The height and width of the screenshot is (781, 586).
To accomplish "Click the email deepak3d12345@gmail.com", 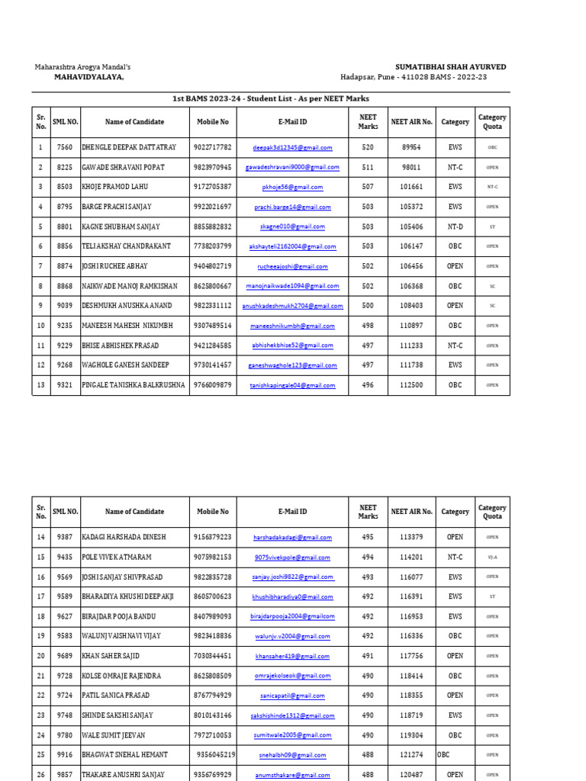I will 292,147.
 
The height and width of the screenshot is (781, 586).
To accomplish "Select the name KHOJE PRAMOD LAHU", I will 115,187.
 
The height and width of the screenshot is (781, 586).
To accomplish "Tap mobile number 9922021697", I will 213,207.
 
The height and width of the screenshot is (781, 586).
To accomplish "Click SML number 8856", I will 65,246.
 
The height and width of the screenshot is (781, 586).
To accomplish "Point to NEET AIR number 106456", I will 411,266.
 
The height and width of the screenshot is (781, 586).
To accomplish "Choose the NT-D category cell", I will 455,227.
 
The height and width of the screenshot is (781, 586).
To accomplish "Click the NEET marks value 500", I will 368,306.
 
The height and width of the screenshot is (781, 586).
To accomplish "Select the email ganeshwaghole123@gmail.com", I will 292,365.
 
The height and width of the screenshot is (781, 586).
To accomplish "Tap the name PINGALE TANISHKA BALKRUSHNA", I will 134,385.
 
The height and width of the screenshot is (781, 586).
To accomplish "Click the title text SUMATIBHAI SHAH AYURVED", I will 450,67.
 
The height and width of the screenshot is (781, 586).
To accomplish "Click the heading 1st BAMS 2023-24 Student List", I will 271,99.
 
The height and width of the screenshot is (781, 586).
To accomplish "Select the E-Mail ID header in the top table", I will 292,122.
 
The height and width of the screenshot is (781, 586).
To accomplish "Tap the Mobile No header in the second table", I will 213,512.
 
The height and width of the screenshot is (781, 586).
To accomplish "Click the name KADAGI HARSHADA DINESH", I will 123,537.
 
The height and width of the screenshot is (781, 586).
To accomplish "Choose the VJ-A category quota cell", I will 492,558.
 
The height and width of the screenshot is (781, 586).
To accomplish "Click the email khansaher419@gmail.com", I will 292,656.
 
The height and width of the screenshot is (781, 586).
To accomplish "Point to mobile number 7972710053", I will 213,735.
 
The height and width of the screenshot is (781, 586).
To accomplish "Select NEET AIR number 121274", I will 411,754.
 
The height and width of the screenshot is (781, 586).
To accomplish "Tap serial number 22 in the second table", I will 40,696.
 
